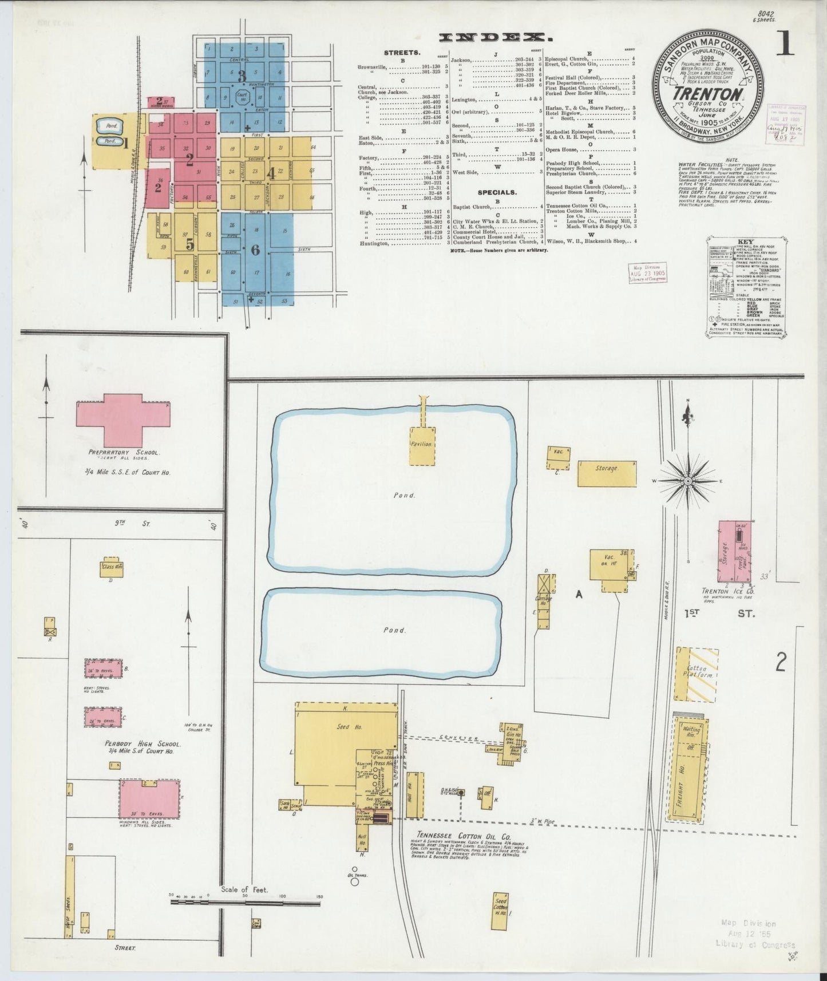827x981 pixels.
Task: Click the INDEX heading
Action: coord(495,38)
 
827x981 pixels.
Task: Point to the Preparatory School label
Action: coord(124,452)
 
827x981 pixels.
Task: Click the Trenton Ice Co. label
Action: coord(727,591)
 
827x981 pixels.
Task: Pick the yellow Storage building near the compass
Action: coord(607,473)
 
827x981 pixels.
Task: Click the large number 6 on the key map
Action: coord(255,250)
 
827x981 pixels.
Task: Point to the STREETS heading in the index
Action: coord(402,53)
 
